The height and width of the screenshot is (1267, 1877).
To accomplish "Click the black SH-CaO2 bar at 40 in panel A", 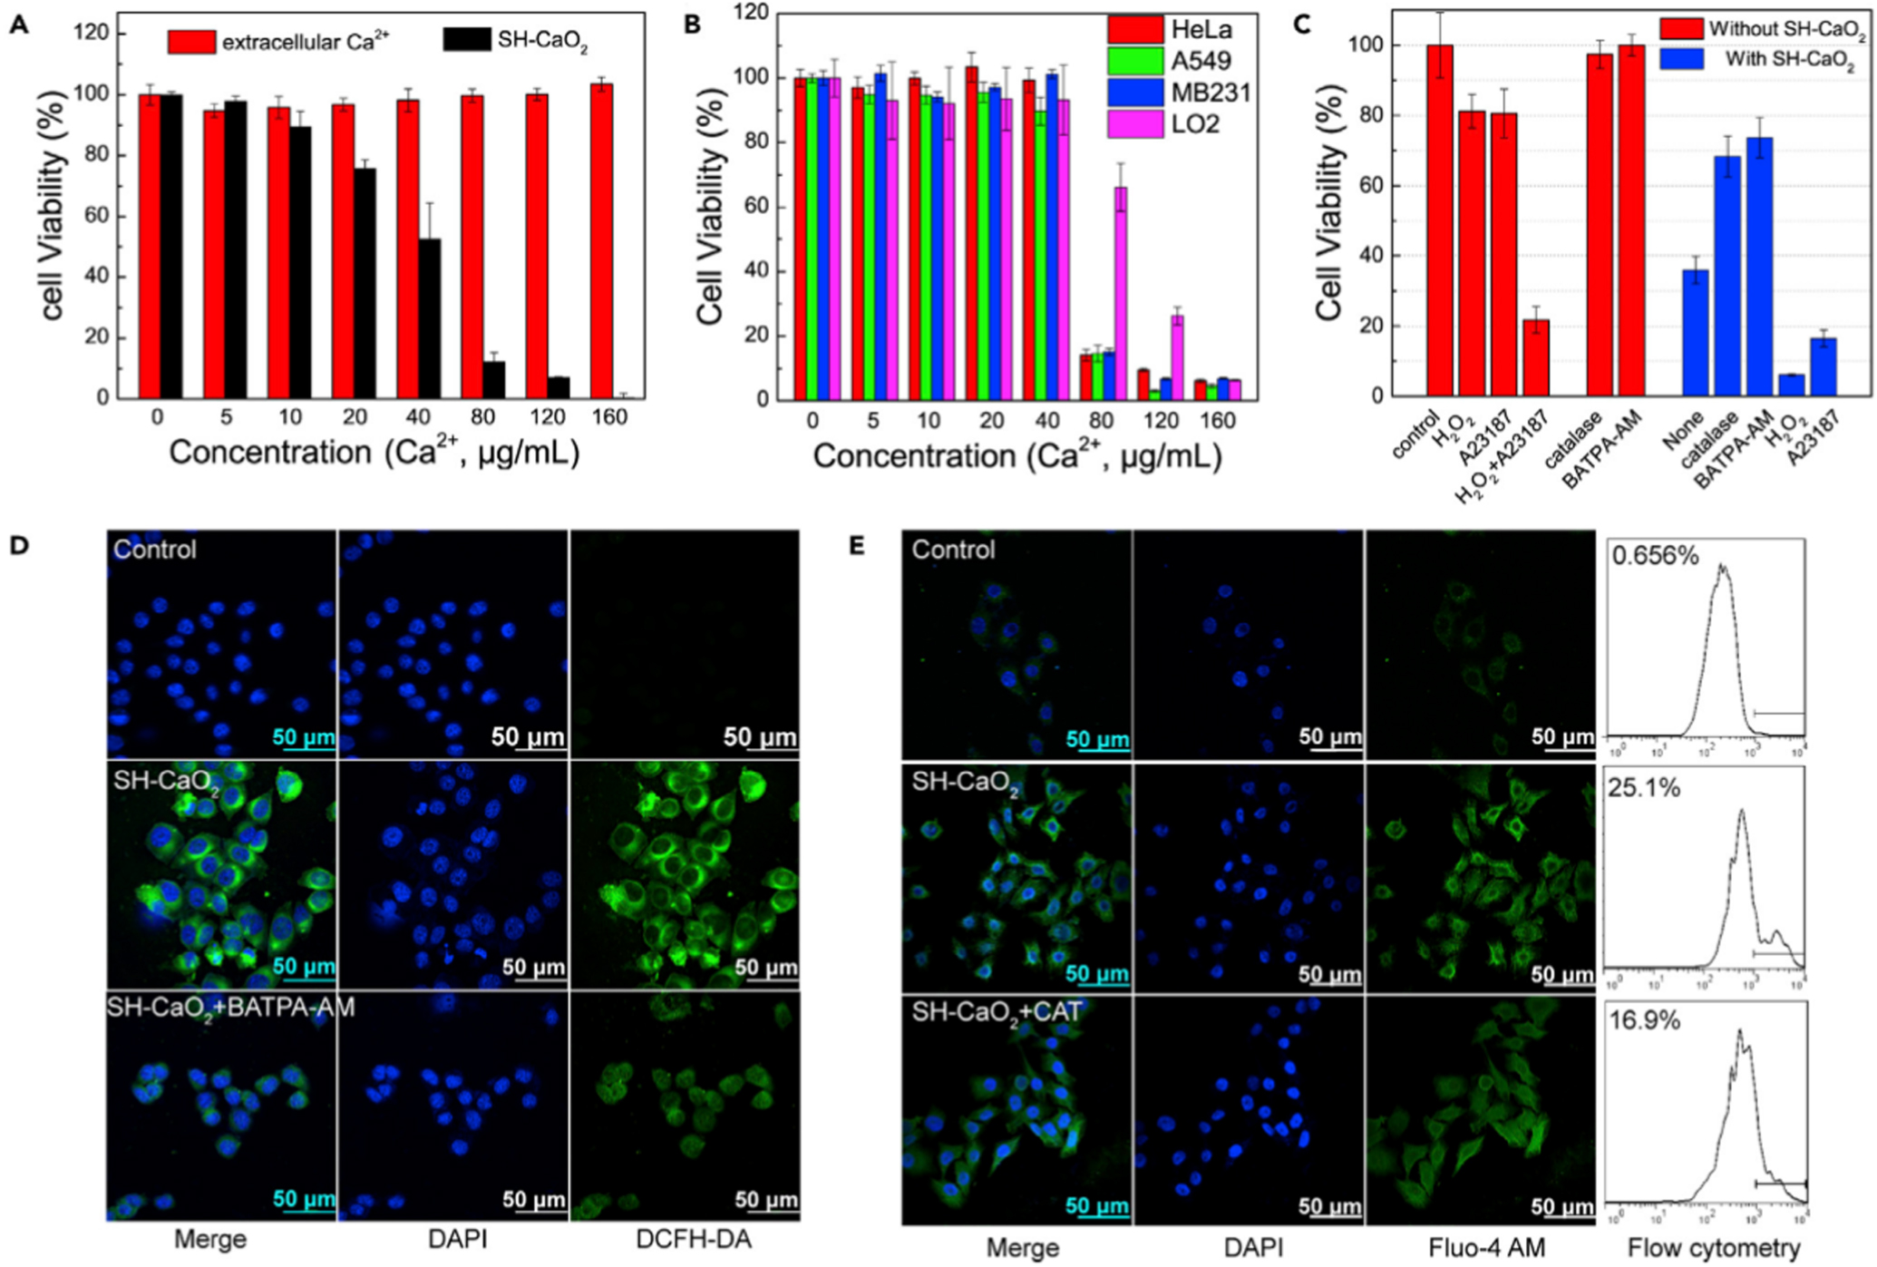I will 429,317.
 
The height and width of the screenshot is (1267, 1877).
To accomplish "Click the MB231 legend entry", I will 1179,93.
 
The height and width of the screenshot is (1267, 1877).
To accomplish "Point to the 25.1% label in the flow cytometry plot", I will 1644,787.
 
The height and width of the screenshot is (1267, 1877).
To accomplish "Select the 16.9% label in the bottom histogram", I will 1644,1020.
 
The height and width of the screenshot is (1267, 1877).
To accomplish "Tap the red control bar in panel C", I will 1439,220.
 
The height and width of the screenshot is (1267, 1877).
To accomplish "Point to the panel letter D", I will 19,545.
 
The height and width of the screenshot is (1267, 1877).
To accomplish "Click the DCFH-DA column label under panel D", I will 694,1240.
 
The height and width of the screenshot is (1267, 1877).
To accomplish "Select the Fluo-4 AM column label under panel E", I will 1486,1248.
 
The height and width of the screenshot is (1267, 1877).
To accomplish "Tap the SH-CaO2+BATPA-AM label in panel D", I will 231,1008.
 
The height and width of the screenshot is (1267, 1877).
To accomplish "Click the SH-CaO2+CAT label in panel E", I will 997,1012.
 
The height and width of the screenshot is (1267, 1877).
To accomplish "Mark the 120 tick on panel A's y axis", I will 91,34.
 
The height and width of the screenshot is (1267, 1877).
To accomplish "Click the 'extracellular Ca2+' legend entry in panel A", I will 278,42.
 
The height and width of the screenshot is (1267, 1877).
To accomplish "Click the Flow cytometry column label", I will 1713,1248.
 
